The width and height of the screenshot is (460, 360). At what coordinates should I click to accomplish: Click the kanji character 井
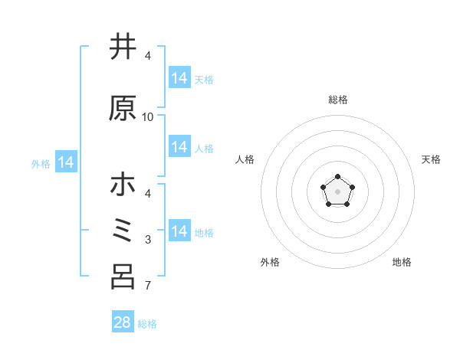pyautogui.click(x=123, y=47)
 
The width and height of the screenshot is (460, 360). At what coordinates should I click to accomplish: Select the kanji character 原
pyautogui.click(x=123, y=109)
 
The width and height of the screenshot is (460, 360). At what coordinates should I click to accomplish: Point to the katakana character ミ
pyautogui.click(x=123, y=231)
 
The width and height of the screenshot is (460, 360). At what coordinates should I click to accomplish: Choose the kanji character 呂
pyautogui.click(x=123, y=277)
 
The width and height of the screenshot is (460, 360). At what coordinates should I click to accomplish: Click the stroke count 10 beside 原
pyautogui.click(x=148, y=117)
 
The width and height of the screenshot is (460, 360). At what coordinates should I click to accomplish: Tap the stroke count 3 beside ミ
pyautogui.click(x=148, y=240)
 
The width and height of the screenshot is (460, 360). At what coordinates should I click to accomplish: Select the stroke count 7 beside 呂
pyautogui.click(x=148, y=286)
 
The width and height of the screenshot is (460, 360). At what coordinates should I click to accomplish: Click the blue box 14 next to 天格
pyautogui.click(x=179, y=78)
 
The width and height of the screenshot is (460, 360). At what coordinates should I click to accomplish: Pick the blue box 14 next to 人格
pyautogui.click(x=179, y=147)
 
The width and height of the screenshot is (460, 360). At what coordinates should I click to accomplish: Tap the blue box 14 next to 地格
pyautogui.click(x=179, y=231)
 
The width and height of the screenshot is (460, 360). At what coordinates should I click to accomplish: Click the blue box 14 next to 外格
pyautogui.click(x=65, y=162)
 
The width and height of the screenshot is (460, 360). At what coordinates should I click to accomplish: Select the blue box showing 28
pyautogui.click(x=123, y=322)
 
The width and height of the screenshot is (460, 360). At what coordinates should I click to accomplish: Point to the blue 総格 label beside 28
pyautogui.click(x=147, y=324)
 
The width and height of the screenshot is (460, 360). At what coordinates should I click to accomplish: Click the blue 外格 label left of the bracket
pyautogui.click(x=41, y=163)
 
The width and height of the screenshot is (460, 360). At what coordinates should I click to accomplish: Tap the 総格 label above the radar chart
pyautogui.click(x=338, y=100)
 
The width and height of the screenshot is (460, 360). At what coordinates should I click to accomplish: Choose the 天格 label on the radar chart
pyautogui.click(x=432, y=159)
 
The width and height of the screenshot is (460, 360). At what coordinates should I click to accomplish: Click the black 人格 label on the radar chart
pyautogui.click(x=245, y=159)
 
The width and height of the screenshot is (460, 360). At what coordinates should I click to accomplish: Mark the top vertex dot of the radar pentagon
pyautogui.click(x=338, y=177)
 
